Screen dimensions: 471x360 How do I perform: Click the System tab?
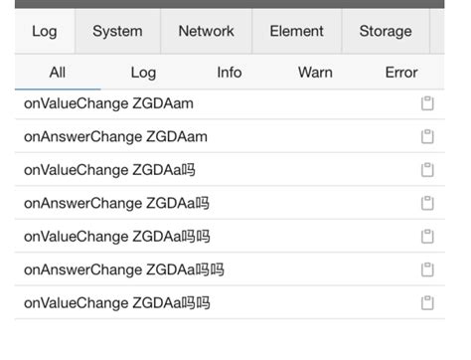[117, 31]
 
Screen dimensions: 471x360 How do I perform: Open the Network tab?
[206, 31]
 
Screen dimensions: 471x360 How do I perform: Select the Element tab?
[296, 31]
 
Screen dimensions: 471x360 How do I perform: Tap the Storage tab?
[385, 31]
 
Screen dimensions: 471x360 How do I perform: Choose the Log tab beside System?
[45, 31]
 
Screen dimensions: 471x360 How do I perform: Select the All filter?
[58, 73]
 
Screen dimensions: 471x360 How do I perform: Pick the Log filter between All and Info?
[143, 73]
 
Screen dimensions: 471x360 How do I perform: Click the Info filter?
[230, 73]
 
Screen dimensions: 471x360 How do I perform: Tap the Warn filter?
[315, 73]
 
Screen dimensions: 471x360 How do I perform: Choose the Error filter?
[401, 73]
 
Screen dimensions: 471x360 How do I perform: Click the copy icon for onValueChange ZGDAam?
[428, 103]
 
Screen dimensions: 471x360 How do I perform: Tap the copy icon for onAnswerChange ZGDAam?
[428, 136]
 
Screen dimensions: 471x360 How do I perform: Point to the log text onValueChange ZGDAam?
[108, 103]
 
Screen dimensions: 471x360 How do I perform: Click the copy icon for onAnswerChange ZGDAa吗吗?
[428, 270]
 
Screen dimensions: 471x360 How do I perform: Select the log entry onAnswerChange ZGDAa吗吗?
[124, 270]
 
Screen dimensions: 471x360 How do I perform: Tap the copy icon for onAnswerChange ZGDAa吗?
[428, 203]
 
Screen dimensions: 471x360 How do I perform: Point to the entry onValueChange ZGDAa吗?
[109, 170]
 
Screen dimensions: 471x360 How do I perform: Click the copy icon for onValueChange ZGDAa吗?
[428, 170]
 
